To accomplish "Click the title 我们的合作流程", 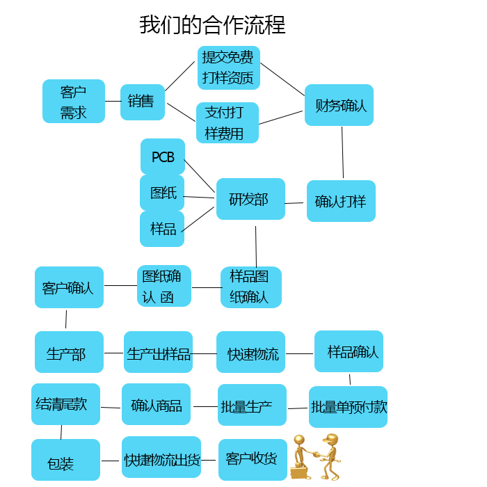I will (212, 25).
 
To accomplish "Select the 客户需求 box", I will (74, 102).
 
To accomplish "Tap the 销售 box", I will (142, 102).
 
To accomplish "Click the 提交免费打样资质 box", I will (228, 67).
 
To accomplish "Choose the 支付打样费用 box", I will (227, 123).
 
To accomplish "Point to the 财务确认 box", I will (339, 105).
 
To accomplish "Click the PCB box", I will (163, 157).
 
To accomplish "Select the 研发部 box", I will (250, 199).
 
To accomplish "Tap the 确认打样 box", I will (341, 201).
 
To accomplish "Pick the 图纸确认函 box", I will (163, 286).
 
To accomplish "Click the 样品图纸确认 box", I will (250, 287).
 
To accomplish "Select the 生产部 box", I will (69, 353).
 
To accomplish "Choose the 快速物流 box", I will (250, 353).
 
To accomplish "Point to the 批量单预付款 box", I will (348, 407).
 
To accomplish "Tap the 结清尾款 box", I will (65, 404).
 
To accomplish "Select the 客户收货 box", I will (252, 459).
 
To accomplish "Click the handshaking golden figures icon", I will (315, 456).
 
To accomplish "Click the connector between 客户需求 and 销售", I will (113, 102).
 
